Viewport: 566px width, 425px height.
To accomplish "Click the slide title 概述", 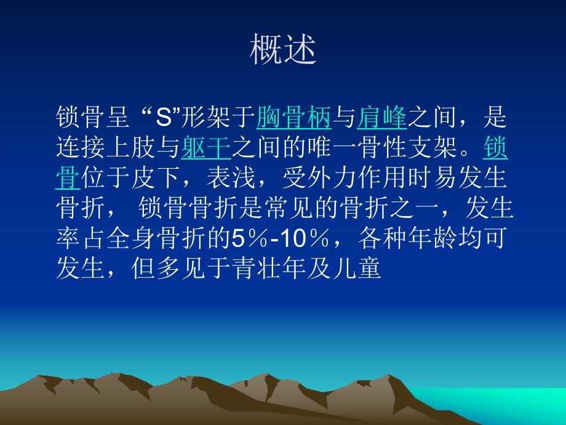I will (x=282, y=51).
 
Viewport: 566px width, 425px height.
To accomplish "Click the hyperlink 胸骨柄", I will (x=294, y=118).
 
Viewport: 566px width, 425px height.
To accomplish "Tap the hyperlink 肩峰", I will (x=382, y=118).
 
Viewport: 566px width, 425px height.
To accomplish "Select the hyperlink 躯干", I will (x=206, y=148).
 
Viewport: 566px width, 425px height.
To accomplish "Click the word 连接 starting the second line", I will (x=80, y=148).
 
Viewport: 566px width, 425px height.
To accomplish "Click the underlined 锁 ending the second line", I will (x=496, y=148).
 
